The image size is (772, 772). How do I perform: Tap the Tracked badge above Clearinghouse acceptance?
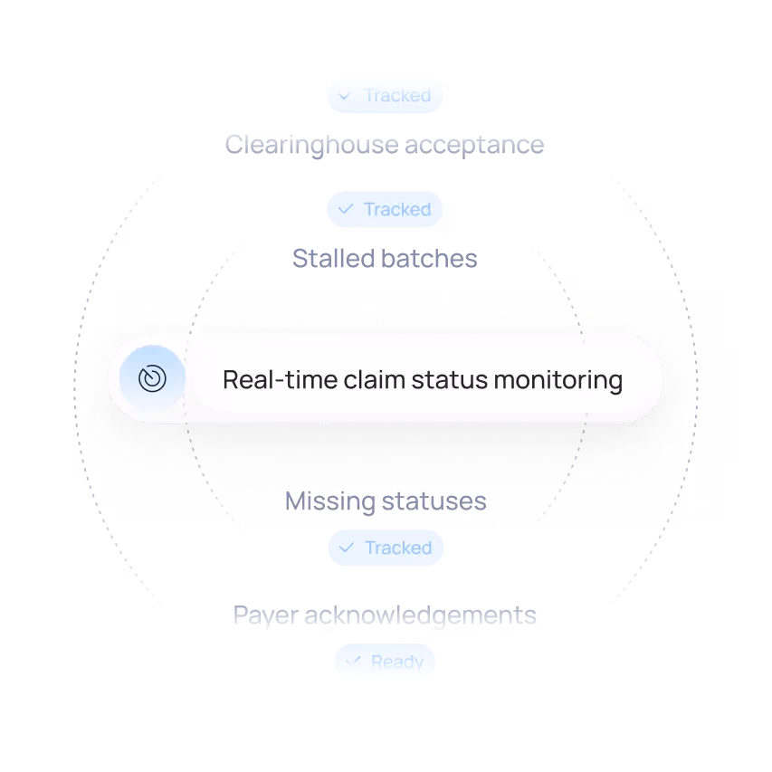(386, 95)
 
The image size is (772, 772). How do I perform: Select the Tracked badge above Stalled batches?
(386, 209)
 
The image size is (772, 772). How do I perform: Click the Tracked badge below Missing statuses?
(386, 548)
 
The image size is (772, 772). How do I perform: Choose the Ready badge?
(386, 662)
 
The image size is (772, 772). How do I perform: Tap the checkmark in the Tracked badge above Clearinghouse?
(345, 95)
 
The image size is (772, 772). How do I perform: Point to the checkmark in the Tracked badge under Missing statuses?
(345, 548)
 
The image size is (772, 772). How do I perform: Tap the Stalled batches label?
(384, 257)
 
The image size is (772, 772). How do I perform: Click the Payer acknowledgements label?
(386, 617)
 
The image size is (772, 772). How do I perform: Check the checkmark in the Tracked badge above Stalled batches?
(345, 209)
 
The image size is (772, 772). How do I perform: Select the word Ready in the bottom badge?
(397, 662)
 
